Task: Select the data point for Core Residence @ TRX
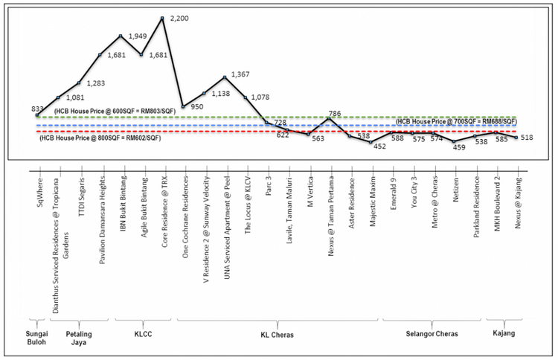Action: click(162, 18)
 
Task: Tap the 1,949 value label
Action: click(138, 36)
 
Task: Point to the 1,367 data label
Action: click(243, 74)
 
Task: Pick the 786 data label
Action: click(335, 114)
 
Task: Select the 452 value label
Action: click(380, 147)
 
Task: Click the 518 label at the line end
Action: click(528, 138)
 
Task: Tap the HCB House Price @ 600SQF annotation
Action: click(115, 110)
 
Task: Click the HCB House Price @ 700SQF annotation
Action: click(455, 121)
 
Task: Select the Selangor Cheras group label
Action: click(426, 335)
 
